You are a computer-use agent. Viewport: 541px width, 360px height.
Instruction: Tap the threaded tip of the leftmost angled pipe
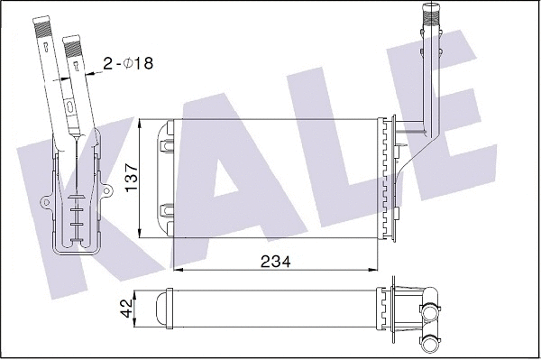[x=41, y=27]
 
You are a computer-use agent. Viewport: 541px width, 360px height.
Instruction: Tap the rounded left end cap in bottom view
[x=163, y=309]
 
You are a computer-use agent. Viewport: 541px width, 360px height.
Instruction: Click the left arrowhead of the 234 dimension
[x=175, y=269]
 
